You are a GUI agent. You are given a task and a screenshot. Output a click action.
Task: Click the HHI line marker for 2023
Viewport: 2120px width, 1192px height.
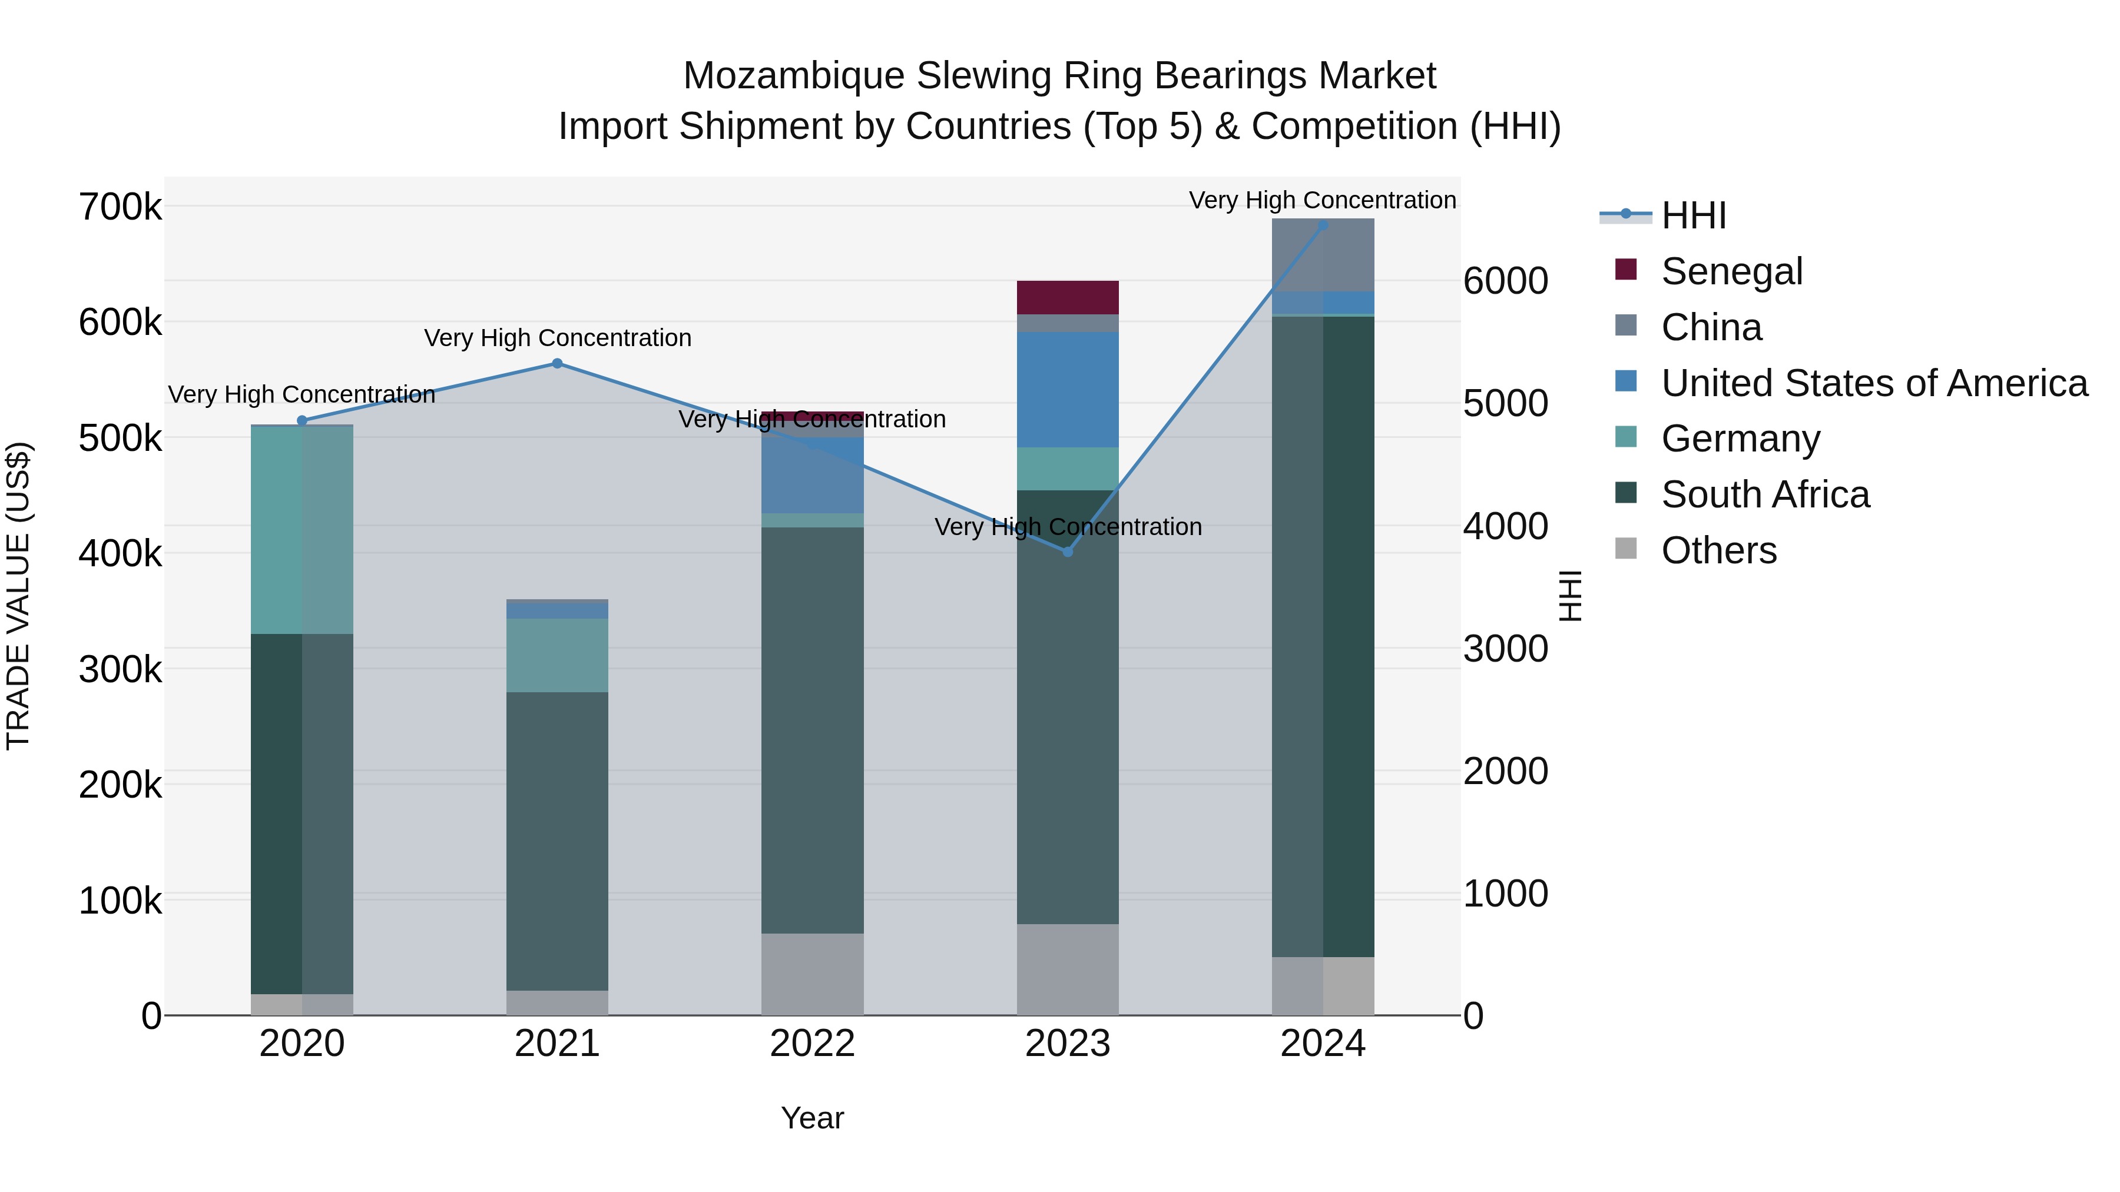[1068, 551]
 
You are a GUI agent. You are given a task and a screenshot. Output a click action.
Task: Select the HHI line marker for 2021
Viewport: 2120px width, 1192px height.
[557, 364]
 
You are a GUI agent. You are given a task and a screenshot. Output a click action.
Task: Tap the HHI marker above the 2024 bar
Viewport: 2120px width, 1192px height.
[1323, 225]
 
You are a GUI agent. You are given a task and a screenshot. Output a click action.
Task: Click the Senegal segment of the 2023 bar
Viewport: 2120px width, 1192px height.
[1068, 297]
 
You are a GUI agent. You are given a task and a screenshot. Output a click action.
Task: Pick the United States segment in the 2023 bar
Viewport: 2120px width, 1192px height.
[1068, 389]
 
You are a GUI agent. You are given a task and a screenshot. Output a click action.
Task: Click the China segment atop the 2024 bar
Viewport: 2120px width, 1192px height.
[1323, 254]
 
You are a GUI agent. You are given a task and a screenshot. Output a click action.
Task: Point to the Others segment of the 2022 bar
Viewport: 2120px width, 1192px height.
[812, 974]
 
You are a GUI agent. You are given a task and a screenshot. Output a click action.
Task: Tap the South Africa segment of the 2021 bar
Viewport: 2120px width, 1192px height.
[557, 841]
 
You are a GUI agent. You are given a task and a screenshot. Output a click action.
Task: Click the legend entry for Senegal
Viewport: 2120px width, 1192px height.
[1731, 271]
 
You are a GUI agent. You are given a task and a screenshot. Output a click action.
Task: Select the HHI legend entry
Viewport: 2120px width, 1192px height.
[1693, 215]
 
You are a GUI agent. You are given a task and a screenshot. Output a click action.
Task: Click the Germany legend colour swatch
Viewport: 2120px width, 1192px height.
[1626, 437]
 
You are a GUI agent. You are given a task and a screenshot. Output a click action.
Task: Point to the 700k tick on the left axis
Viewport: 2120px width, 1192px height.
[120, 207]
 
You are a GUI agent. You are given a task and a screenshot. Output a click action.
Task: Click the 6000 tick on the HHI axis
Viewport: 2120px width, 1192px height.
[1505, 281]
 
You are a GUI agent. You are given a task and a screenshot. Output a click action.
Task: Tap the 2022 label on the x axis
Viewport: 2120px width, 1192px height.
[812, 1044]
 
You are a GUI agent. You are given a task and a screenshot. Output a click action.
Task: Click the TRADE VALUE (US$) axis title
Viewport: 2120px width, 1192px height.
[18, 596]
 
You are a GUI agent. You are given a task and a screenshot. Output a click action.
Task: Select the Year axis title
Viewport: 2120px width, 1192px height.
[812, 1118]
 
